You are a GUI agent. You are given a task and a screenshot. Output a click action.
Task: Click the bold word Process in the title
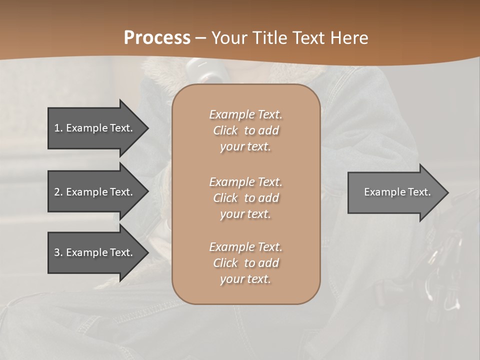click(157, 38)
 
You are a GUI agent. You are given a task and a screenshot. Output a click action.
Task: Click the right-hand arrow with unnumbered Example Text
click(395, 192)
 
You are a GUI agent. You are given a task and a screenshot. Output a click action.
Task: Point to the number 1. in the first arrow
click(58, 128)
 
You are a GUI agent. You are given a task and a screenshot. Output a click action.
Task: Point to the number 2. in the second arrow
click(58, 192)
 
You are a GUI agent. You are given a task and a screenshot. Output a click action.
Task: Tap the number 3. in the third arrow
click(58, 252)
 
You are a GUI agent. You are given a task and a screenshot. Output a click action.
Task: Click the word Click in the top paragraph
click(225, 130)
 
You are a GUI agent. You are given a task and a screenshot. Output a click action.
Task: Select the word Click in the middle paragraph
click(225, 198)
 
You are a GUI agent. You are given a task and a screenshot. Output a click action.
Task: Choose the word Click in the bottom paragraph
click(225, 263)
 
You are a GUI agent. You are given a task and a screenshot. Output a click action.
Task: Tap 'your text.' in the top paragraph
click(245, 147)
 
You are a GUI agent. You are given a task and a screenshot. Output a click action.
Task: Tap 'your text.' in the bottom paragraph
click(245, 279)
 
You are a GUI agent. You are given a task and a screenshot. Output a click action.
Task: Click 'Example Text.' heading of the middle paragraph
click(245, 182)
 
